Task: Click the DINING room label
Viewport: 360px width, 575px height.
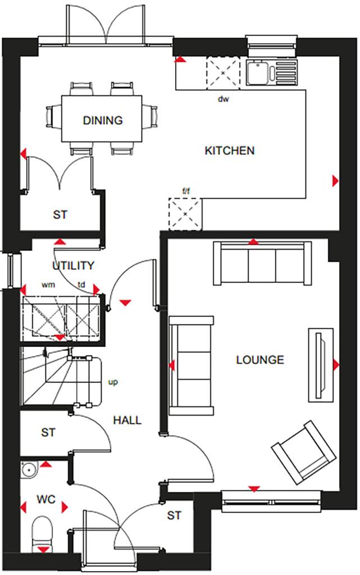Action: point(103,120)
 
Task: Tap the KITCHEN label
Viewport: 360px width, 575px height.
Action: point(229,150)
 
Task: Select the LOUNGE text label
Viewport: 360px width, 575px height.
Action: point(260,360)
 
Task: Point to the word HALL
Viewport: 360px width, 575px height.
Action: point(127,420)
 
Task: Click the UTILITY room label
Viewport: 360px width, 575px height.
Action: point(73,266)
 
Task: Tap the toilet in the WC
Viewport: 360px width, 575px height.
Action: point(42,533)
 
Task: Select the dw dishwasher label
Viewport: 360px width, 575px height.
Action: point(224,99)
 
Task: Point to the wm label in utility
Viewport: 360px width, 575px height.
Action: point(48,285)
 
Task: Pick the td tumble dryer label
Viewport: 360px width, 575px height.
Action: point(82,285)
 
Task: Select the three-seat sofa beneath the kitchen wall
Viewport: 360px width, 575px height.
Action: point(262,263)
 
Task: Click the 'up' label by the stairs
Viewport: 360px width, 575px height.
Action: point(113,383)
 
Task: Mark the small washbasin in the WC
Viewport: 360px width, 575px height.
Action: point(28,467)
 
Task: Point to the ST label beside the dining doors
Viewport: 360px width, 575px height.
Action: point(60,215)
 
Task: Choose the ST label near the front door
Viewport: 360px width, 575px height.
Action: point(175,515)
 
